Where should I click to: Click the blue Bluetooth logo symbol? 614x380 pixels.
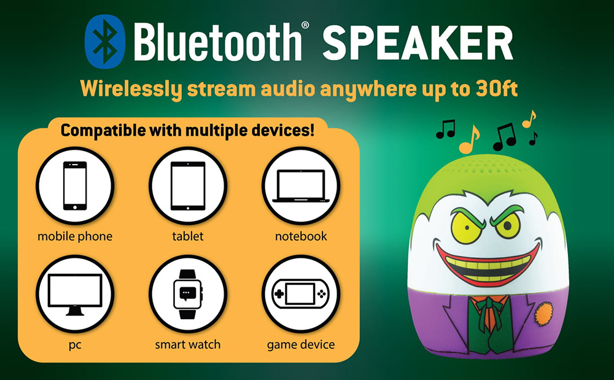click(x=104, y=42)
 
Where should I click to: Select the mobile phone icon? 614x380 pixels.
click(x=75, y=185)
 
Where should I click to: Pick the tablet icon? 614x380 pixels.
click(x=187, y=185)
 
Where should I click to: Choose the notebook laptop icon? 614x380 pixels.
click(x=301, y=186)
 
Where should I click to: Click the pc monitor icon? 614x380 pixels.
click(x=75, y=294)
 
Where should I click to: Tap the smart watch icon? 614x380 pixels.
click(x=188, y=294)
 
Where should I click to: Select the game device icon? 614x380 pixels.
click(x=301, y=294)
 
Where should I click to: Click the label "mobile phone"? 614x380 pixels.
click(x=75, y=236)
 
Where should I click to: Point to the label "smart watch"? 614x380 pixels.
click(x=187, y=344)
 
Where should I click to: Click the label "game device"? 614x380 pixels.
click(x=301, y=345)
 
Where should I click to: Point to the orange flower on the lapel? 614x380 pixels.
click(x=544, y=314)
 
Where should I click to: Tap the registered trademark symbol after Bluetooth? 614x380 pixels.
click(x=305, y=25)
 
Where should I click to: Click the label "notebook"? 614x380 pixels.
click(x=301, y=236)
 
